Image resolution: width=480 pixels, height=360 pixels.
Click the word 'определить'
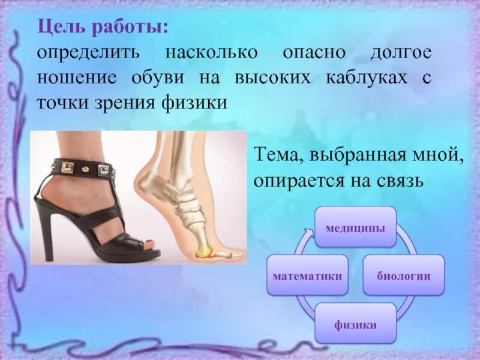88,53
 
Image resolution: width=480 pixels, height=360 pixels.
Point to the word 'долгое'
400,53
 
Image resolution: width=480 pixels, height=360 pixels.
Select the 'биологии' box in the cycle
403,275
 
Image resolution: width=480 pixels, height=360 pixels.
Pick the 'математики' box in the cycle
307,275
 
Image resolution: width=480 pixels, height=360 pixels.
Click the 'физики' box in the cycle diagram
355,325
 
